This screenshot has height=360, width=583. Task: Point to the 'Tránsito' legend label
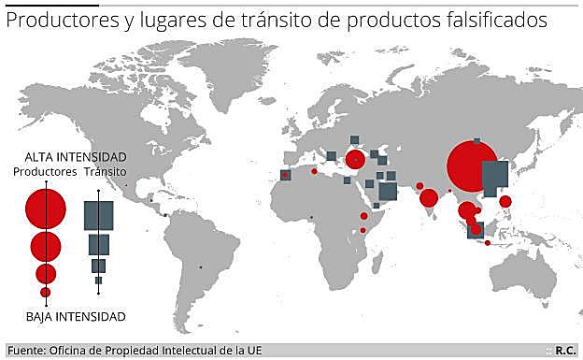coord(106,172)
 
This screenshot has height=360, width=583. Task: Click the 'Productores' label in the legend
coord(45,172)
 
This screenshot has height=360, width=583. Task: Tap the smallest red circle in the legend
coord(46,293)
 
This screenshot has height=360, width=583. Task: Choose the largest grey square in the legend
coord(98,216)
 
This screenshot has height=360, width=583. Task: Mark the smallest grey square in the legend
coord(98,281)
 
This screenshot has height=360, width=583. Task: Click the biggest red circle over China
coord(473,166)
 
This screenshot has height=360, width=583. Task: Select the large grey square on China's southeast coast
coord(494,177)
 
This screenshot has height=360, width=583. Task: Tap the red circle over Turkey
coord(355,160)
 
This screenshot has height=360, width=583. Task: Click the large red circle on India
coord(429,198)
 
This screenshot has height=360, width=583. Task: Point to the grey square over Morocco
coord(285,175)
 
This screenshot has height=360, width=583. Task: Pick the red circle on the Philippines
coord(505,201)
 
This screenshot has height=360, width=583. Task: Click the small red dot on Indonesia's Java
coord(488,243)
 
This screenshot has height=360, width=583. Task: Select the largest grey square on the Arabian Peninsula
coord(388,191)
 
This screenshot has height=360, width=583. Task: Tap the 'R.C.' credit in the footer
coord(565,351)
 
